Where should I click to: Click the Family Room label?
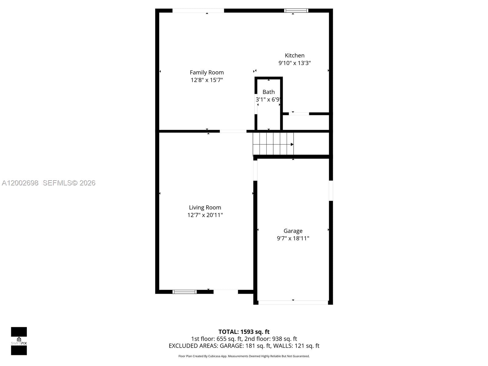pos(206,73)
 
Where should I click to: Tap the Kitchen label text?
pos(294,56)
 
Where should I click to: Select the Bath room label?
pos(268,92)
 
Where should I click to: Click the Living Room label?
pos(205,208)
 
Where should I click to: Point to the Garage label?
pos(293,231)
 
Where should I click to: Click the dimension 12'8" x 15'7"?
pos(207,80)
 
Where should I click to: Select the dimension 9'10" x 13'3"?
pos(294,63)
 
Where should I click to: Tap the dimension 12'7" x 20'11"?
pos(205,215)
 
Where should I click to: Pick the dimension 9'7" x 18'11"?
pos(293,239)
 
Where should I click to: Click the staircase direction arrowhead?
pos(292,145)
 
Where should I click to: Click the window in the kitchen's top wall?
pos(296,11)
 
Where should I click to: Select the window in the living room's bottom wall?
pos(185,292)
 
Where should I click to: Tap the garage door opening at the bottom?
pos(293,303)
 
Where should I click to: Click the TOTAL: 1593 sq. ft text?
pos(244,332)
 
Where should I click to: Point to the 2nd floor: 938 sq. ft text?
pos(271,339)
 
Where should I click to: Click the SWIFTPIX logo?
pos(19,341)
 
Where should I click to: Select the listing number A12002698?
pos(20,183)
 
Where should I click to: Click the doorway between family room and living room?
pos(233,131)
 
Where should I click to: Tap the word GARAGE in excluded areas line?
pos(231,346)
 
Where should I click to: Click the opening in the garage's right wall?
pos(331,191)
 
